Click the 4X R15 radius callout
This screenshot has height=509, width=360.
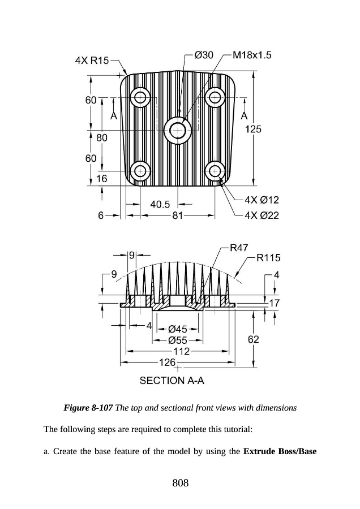[92, 61]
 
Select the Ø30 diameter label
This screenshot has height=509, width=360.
[204, 55]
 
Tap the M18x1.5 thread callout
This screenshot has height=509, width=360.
[252, 55]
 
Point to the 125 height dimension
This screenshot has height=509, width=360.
[253, 129]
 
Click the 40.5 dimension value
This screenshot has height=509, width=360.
[160, 205]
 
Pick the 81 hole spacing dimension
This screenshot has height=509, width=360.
[178, 215]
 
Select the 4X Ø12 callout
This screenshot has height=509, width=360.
[262, 200]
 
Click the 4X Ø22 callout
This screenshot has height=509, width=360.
[262, 215]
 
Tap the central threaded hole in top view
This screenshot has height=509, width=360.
[177, 131]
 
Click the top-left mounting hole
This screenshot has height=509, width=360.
[140, 97]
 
